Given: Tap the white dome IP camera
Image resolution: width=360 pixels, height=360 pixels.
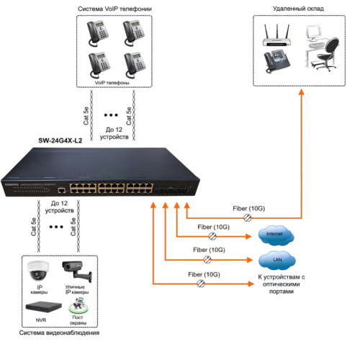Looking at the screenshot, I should pyautogui.click(x=37, y=271).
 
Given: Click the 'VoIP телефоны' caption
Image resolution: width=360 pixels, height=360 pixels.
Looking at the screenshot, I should pyautogui.click(x=112, y=82).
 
